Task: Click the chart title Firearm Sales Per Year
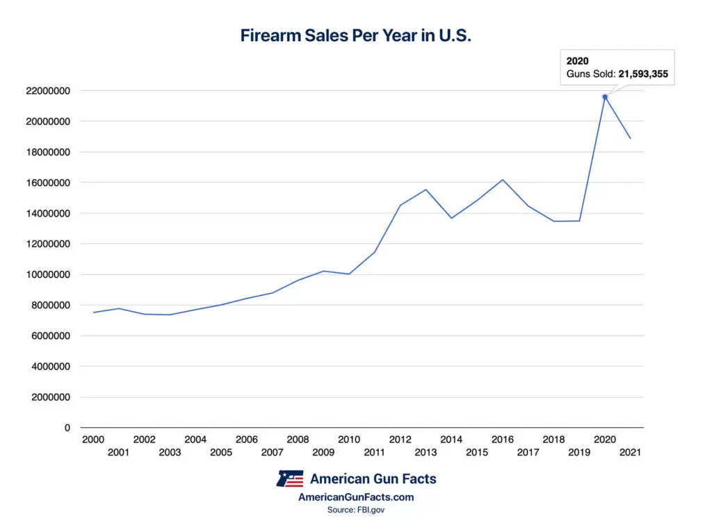pos(355,36)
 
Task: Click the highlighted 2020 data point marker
pos(605,97)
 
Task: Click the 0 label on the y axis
pos(67,428)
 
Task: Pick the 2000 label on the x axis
pos(93,440)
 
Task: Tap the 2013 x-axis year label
pos(426,452)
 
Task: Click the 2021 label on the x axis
pos(630,452)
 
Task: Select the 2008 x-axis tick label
pos(298,440)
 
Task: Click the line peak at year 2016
pos(503,180)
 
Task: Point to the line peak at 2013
pos(426,190)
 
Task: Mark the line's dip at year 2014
pos(452,218)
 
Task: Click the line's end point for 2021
pos(630,138)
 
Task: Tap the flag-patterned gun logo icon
pos(290,479)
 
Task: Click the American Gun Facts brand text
pos(373,478)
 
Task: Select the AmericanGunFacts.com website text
pos(355,497)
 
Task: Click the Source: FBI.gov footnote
pos(355,510)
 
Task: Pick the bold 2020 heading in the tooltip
pos(577,61)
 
